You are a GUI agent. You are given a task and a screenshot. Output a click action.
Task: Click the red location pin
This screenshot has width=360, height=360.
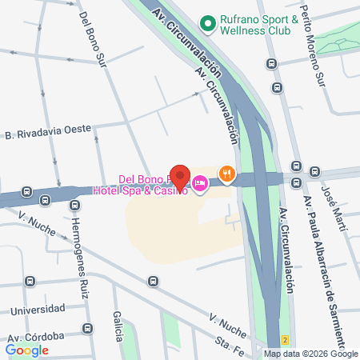click(180, 177)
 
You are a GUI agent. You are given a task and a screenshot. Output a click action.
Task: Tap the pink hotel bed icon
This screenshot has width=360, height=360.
click(200, 185)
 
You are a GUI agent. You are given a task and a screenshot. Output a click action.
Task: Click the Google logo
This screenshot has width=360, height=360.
click(27, 349)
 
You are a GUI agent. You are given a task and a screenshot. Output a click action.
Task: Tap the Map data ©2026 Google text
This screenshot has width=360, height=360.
click(311, 354)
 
